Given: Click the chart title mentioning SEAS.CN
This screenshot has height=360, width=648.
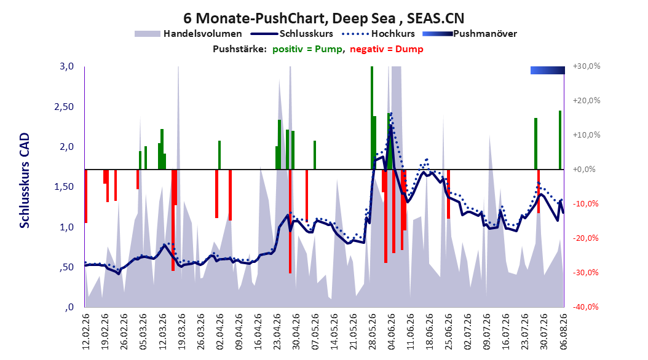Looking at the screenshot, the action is click(x=323, y=18).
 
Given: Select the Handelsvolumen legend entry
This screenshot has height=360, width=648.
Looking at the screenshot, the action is click(x=188, y=34).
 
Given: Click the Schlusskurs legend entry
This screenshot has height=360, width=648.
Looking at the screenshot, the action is click(x=291, y=34).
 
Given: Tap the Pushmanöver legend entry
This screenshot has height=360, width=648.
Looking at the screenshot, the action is click(x=470, y=34).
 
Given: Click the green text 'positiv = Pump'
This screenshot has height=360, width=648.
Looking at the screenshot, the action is click(x=307, y=49).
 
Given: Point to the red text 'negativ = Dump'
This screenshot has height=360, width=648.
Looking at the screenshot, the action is click(x=387, y=49).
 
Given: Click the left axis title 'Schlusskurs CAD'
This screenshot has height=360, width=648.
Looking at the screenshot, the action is click(x=25, y=181).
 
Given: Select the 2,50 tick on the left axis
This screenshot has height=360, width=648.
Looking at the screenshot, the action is click(x=64, y=106).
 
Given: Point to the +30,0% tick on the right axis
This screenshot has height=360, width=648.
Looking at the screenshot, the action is click(x=587, y=66).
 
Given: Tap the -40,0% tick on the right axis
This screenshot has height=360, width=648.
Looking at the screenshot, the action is click(x=585, y=307).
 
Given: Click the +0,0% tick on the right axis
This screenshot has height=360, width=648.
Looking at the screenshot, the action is click(x=584, y=170).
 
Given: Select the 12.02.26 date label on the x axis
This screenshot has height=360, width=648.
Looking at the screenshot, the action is click(x=86, y=332).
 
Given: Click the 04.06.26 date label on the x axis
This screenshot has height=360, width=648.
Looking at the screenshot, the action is click(x=391, y=332).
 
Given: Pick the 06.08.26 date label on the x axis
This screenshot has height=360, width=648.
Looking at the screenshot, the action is click(x=563, y=332).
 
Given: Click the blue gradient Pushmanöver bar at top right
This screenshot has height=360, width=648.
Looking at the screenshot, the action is click(x=548, y=70).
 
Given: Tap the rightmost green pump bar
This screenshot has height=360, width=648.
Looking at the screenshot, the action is click(x=560, y=140).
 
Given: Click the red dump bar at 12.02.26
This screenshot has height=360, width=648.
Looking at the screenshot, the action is click(x=85, y=196).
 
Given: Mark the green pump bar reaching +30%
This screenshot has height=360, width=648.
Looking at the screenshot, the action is click(x=372, y=118).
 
